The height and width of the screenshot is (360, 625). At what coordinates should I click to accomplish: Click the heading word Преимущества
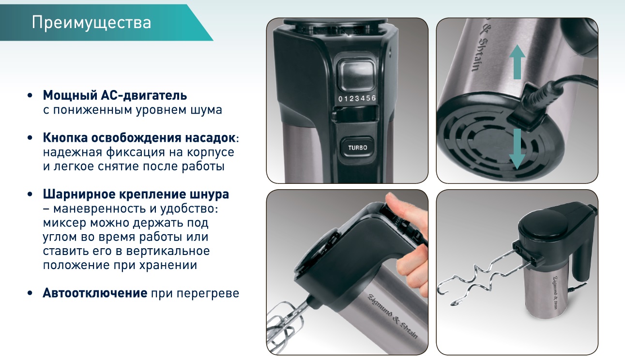tap(91, 23)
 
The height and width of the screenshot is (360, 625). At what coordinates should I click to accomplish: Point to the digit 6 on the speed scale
tap(374, 98)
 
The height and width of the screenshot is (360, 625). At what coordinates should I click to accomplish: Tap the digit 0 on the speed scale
tap(340, 99)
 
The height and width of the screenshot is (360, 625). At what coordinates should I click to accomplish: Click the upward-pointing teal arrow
tap(517, 62)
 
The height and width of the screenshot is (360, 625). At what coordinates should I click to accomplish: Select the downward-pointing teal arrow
tap(517, 149)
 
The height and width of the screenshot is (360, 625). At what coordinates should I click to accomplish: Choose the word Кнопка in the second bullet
tap(65, 138)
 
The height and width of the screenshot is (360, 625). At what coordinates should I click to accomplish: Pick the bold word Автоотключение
tap(95, 293)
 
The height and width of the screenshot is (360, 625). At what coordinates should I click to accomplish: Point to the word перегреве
tap(208, 294)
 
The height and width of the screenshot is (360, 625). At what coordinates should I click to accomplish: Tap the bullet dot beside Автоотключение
tap(30, 294)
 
